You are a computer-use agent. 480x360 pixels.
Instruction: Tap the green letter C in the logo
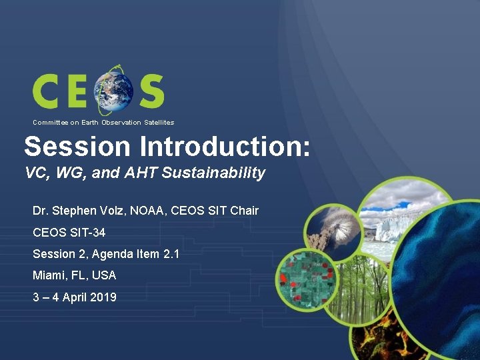click(x=49, y=91)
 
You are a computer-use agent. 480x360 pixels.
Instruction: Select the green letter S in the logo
click(x=151, y=91)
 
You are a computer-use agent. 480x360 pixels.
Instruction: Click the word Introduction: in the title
click(x=221, y=145)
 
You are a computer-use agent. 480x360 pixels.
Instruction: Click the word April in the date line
click(x=72, y=297)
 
